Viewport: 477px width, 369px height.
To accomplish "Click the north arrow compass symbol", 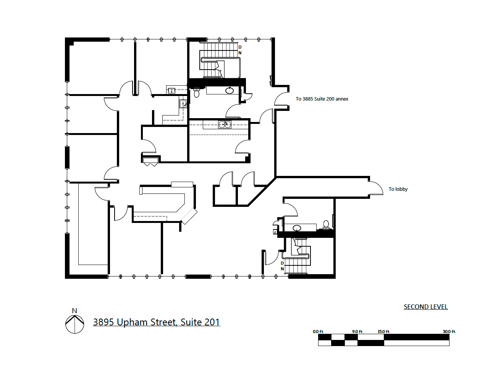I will click(74, 325).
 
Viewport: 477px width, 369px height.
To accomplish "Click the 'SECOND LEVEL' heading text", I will click(425, 307).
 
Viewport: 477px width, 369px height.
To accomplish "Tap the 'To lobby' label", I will click(398, 189).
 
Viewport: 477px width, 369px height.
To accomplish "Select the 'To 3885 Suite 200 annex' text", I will click(322, 99).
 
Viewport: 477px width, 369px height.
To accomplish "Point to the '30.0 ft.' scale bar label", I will click(449, 332).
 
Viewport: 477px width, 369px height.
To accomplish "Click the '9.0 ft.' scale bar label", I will click(357, 332).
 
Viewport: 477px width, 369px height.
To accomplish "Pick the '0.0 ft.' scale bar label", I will click(318, 332).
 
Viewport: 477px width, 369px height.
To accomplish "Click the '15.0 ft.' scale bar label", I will click(384, 332).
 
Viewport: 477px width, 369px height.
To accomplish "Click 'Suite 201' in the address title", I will click(200, 322).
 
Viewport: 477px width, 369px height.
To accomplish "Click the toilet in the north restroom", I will click(197, 93).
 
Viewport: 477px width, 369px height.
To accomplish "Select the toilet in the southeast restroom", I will click(326, 224).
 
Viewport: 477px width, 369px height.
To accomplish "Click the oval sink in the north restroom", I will click(230, 91).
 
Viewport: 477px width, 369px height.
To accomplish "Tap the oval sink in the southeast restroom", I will click(297, 228).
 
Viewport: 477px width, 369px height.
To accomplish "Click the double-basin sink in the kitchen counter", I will click(225, 124).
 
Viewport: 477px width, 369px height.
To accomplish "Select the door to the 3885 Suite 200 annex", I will click(281, 99).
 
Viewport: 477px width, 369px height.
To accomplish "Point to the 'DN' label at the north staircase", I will click(240, 50).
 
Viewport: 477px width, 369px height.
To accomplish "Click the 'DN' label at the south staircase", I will click(283, 266).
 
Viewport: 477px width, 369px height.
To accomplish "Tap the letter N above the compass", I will click(74, 311).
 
